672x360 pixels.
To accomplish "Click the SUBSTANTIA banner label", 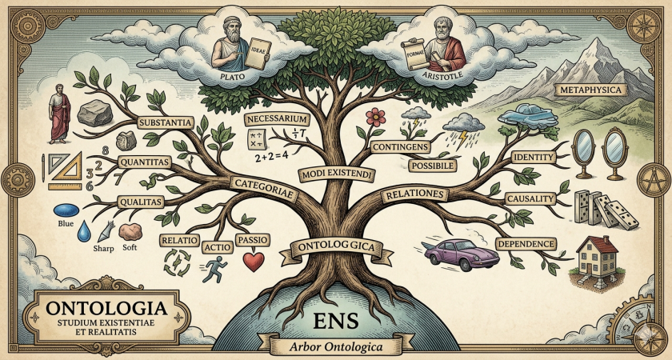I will click(164, 123).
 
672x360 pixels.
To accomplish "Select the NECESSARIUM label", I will click(277, 119).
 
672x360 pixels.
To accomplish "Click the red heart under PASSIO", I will click(254, 261).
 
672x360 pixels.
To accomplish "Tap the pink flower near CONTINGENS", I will click(374, 116).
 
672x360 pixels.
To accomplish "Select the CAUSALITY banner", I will click(532, 198).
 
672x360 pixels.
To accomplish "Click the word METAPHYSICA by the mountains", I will click(592, 90).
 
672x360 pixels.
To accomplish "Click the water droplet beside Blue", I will click(84, 233).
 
